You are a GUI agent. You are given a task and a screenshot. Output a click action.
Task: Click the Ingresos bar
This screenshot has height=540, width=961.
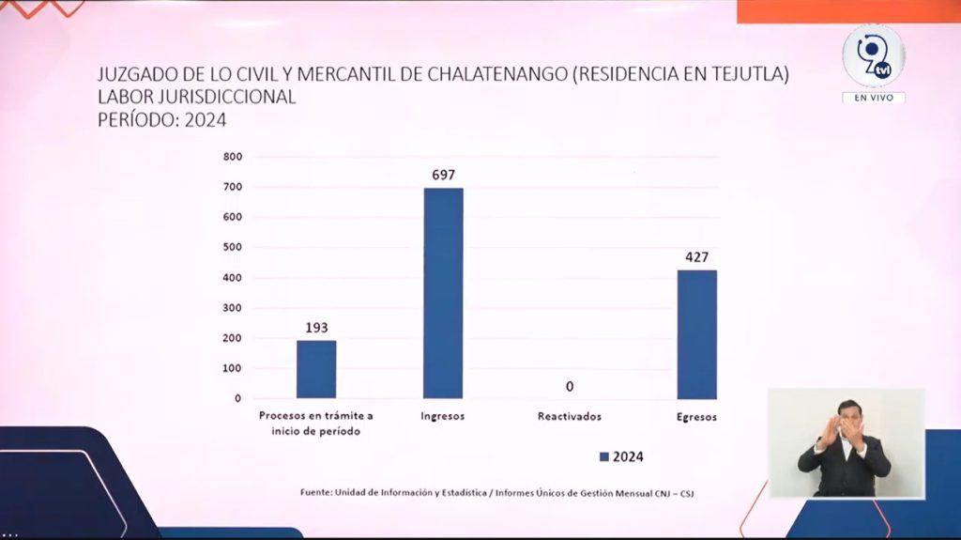pos(443,293)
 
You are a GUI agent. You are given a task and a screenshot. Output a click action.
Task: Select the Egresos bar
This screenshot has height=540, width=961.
pos(696,334)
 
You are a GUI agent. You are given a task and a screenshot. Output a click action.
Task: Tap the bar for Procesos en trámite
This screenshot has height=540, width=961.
pos(316,369)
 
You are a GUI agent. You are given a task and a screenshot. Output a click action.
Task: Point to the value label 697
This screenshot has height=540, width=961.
pos(443,174)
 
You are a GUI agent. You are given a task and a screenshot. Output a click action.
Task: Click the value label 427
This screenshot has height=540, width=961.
pos(696,256)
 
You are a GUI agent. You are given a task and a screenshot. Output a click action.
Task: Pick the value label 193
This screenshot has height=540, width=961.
pos(316,327)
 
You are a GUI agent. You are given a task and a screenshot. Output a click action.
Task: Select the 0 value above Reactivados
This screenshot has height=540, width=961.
pos(570,386)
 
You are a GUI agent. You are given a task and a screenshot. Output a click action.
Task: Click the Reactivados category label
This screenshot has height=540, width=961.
pos(570,416)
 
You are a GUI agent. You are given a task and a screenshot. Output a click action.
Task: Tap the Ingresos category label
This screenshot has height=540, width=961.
pos(443,416)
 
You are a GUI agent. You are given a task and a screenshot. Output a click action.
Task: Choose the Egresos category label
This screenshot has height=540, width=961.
pos(696,416)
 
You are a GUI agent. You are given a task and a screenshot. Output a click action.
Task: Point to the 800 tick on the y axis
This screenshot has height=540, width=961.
pos(233,157)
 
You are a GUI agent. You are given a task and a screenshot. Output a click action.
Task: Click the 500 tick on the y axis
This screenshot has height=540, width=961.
pos(233,247)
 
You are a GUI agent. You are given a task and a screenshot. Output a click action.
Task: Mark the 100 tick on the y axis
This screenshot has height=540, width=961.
pos(233,368)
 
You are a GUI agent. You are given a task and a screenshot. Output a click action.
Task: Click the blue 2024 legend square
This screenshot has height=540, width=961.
pos(604,456)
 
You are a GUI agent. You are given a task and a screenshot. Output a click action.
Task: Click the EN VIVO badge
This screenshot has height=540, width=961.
pos(873,98)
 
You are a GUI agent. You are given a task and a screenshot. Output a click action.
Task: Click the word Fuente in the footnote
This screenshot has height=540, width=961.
pos(316,492)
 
